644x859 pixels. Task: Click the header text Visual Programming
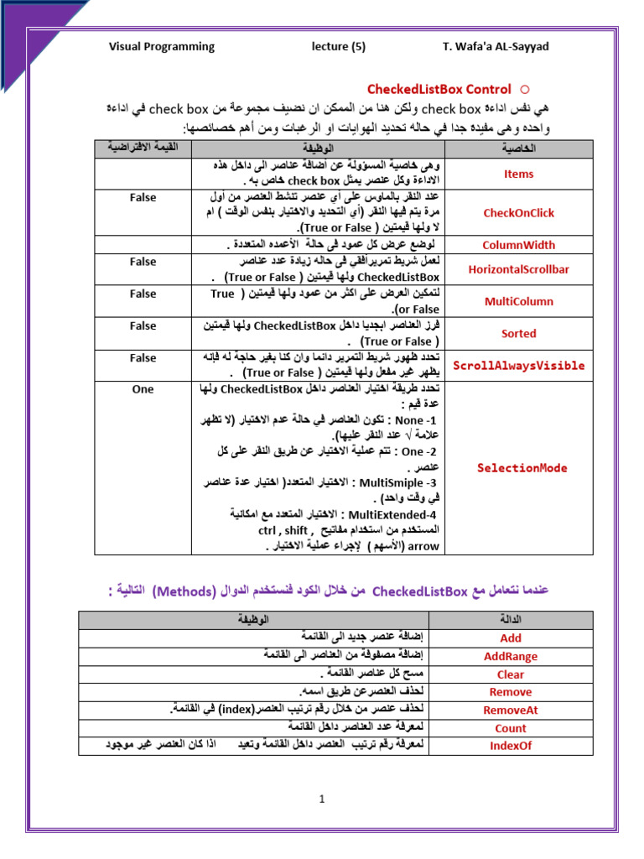pos(162,46)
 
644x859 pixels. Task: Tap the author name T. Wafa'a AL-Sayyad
pos(496,46)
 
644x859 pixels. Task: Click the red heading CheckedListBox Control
pos(439,89)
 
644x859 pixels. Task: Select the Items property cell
pos(518,174)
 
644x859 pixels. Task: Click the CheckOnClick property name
pos(518,213)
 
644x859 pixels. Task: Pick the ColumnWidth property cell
pos(518,245)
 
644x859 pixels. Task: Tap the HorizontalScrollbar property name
pos(518,269)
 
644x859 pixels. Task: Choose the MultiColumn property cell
pos(518,301)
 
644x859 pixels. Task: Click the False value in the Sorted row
pos(143,325)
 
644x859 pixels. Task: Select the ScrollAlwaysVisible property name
pos(518,366)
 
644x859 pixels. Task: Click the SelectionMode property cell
pos(522,468)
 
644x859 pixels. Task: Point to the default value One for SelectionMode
pos(143,389)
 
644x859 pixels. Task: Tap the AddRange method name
pos(510,656)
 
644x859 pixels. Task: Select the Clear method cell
pos(510,674)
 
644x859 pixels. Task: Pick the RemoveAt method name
pos(510,711)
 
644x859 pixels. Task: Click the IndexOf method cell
pos(510,746)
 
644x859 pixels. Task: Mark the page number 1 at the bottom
pos(321,799)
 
